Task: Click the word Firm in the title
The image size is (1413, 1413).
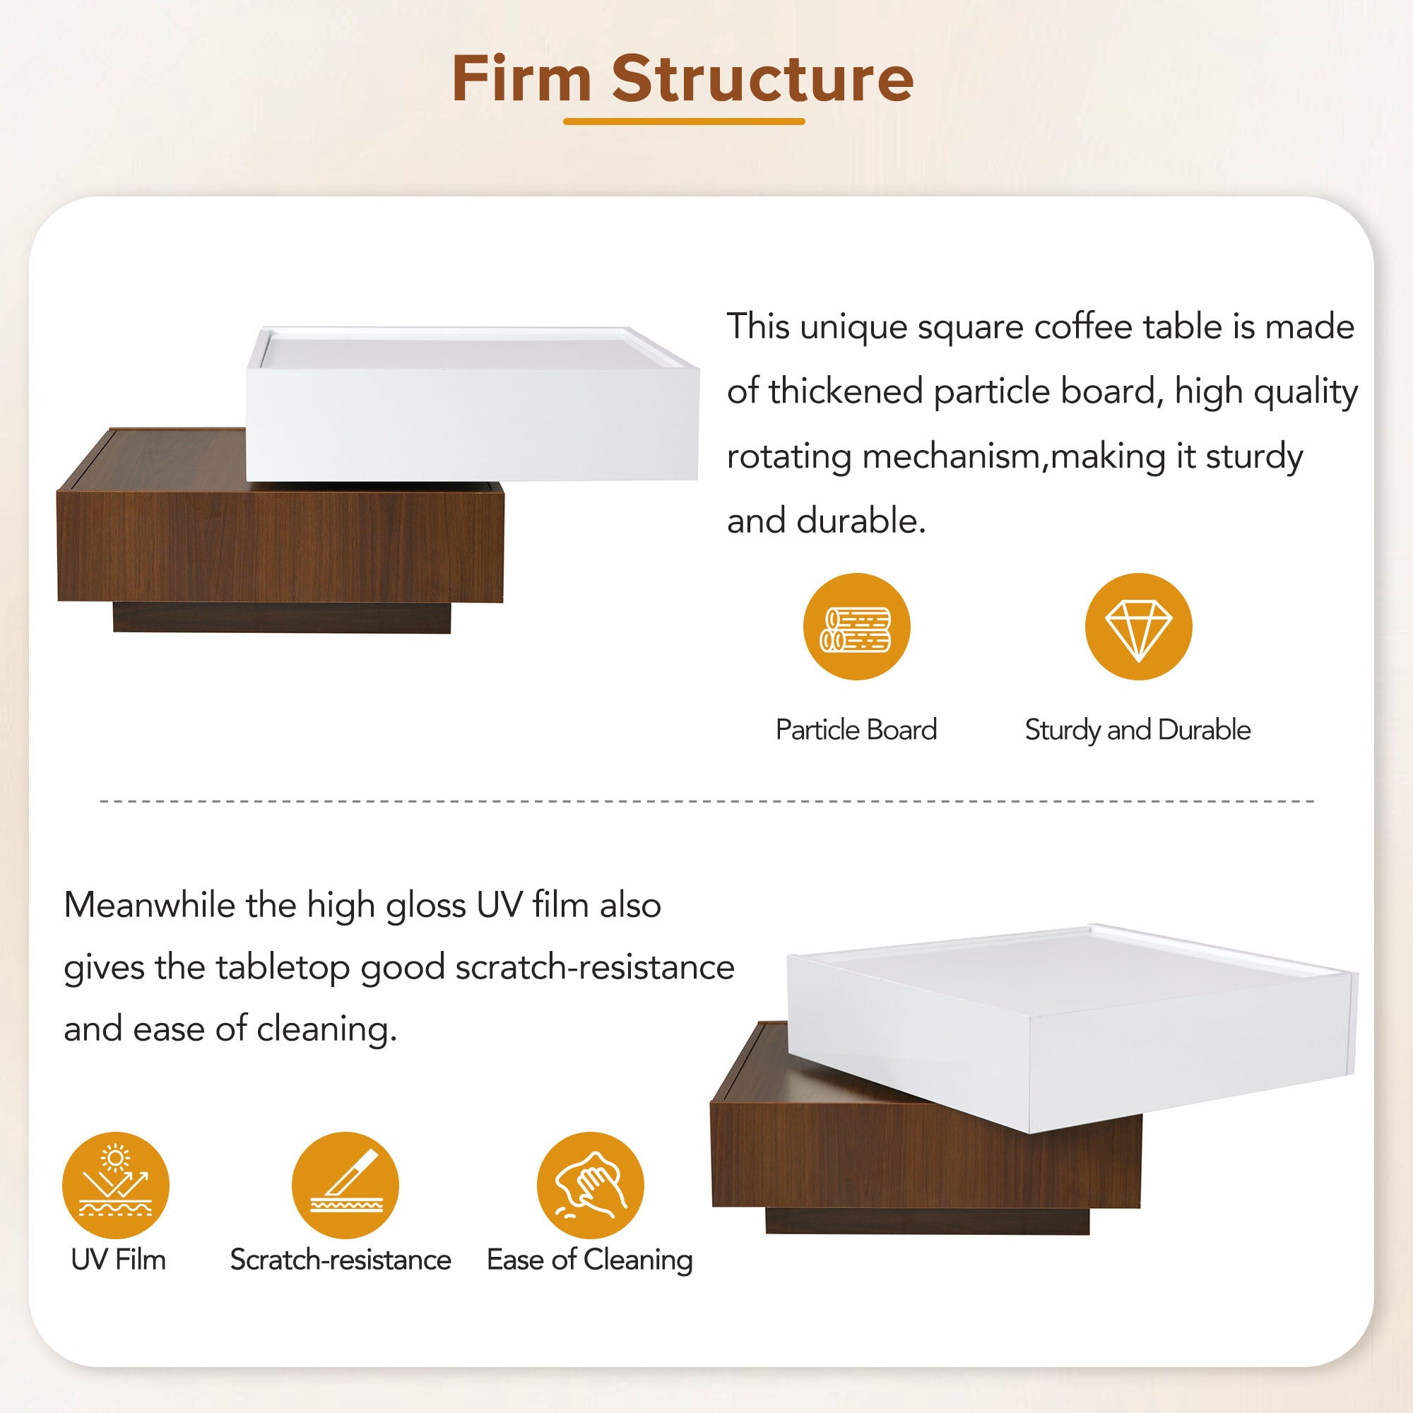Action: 521,78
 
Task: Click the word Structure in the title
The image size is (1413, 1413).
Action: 763,78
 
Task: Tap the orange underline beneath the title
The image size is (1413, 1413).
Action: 684,122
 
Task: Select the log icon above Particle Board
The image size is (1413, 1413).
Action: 856,627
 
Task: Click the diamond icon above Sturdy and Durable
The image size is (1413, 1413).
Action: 1138,627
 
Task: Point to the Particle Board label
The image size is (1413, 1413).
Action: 856,730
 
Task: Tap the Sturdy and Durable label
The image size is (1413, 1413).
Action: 1137,730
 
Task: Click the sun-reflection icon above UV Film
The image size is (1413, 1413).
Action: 116,1186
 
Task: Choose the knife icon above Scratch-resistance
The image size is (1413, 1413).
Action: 345,1186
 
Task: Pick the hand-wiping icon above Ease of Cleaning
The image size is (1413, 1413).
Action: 590,1186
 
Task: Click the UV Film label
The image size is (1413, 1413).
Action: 119,1260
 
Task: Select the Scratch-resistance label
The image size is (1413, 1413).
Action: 341,1260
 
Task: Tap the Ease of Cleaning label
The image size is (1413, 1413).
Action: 589,1260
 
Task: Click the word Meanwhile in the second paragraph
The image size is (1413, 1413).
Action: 149,906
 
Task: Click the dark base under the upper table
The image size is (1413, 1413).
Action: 282,617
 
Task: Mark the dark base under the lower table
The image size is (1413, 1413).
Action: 928,1221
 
